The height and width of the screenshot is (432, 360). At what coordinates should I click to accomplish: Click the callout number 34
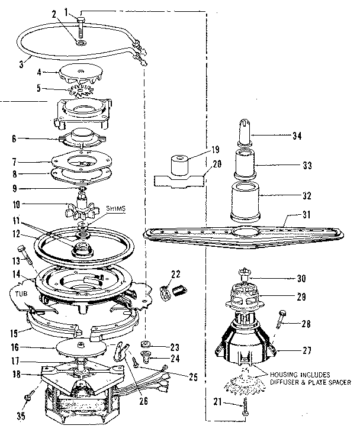coord(298,136)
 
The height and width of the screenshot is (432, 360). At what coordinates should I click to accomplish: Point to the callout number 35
coord(20,415)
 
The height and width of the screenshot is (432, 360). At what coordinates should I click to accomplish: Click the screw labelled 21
coord(244,408)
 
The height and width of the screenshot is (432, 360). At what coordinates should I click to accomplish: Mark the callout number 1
coord(65,10)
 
